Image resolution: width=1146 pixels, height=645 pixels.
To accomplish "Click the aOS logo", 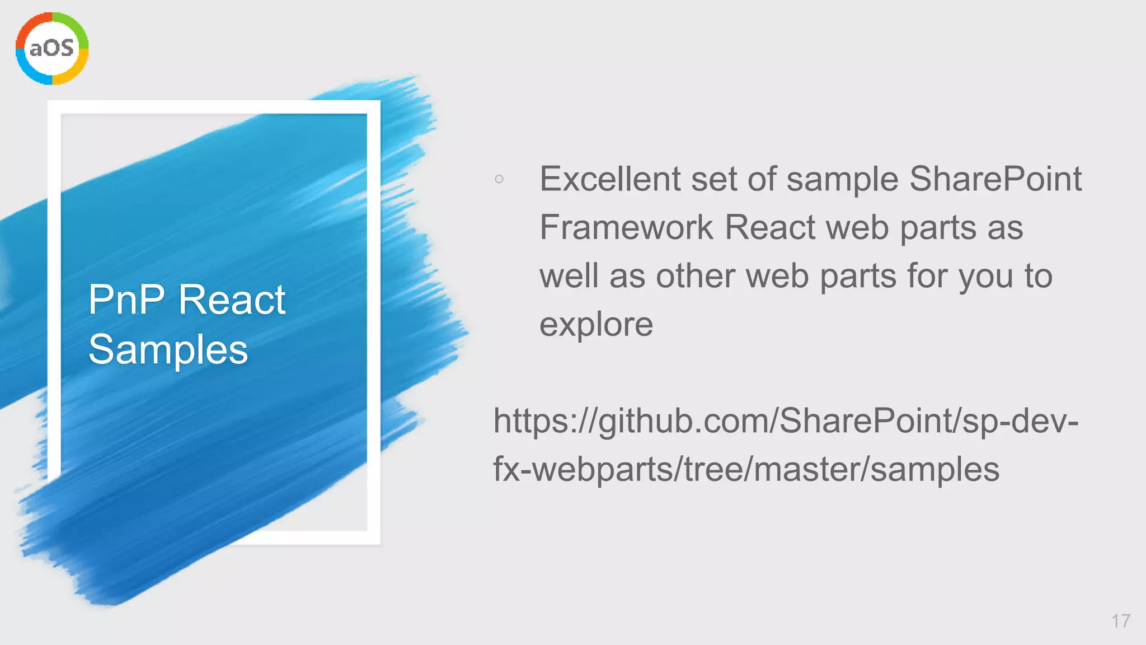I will click(x=52, y=49).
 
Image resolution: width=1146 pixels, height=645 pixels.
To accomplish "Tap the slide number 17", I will click(x=1121, y=621).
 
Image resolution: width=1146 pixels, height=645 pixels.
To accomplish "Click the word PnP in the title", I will click(x=126, y=300).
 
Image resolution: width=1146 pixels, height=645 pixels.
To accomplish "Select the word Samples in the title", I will click(x=168, y=349).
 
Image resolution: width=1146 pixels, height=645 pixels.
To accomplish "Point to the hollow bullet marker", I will click(x=499, y=179).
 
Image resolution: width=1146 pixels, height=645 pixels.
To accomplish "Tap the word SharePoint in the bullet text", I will click(x=995, y=179).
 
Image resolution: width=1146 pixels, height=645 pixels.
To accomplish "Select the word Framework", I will click(x=626, y=228).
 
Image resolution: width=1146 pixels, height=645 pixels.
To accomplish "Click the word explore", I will click(x=596, y=325).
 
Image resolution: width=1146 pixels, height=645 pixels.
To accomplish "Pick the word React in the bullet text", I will click(x=770, y=228).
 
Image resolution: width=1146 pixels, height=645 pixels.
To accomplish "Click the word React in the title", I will click(x=232, y=300).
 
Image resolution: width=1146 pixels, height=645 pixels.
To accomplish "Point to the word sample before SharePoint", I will click(x=842, y=179).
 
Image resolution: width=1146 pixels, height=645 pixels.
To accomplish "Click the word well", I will click(x=569, y=277).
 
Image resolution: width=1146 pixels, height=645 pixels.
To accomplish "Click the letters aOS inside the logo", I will click(x=51, y=48).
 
